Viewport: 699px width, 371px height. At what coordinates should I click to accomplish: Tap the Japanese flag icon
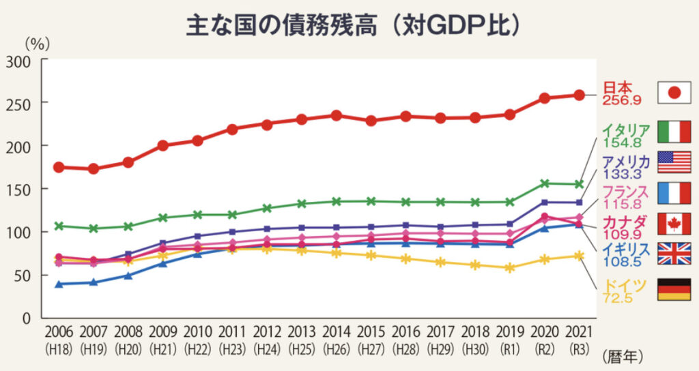674,93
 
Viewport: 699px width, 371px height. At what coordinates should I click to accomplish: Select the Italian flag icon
674,130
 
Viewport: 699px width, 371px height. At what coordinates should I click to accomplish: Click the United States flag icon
674,162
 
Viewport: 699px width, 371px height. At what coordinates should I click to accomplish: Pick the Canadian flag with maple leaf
674,223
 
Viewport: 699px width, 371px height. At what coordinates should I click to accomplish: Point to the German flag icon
674,289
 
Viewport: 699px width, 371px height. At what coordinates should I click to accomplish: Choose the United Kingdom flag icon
674,253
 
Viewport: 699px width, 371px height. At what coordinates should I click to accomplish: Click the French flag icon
674,193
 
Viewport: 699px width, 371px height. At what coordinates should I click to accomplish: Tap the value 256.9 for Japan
621,100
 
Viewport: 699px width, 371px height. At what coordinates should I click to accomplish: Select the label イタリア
625,130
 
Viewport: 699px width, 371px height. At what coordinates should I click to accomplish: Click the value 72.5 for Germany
618,297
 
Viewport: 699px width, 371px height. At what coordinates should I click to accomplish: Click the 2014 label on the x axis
336,332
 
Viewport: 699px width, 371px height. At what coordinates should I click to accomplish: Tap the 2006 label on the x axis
59,332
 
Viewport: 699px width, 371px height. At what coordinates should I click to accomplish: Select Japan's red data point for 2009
162,145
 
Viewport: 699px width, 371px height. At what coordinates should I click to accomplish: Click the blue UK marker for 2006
59,284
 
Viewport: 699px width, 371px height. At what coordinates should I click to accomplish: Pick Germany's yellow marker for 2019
509,268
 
